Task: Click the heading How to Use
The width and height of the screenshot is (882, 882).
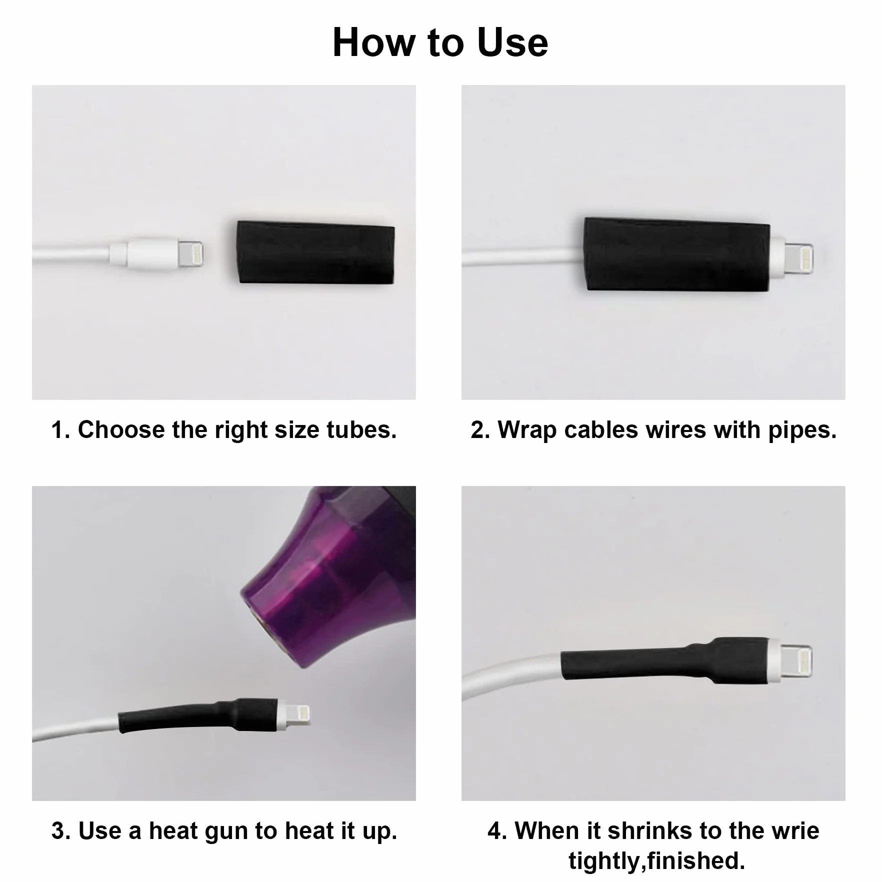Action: point(440,42)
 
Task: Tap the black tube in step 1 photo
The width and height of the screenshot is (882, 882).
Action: point(316,252)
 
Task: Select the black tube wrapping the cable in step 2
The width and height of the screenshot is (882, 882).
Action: point(677,254)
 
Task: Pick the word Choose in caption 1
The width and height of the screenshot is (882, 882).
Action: point(121,429)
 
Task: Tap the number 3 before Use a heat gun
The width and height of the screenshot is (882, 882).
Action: point(58,831)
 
